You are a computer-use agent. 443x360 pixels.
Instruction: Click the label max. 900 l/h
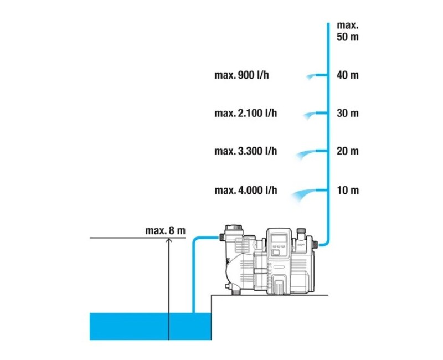[241, 75]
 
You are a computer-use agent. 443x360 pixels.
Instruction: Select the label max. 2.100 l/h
[245, 113]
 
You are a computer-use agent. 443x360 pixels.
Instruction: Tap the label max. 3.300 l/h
[245, 151]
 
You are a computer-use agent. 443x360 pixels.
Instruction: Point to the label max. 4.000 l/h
[246, 190]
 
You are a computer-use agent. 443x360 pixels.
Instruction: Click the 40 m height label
[348, 75]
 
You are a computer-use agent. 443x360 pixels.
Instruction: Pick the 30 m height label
[348, 113]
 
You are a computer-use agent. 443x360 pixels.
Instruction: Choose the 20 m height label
[348, 151]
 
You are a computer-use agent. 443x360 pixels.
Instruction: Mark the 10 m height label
[348, 190]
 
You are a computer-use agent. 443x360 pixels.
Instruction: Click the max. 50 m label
[348, 31]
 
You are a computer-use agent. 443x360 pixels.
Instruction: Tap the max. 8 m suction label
[165, 230]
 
